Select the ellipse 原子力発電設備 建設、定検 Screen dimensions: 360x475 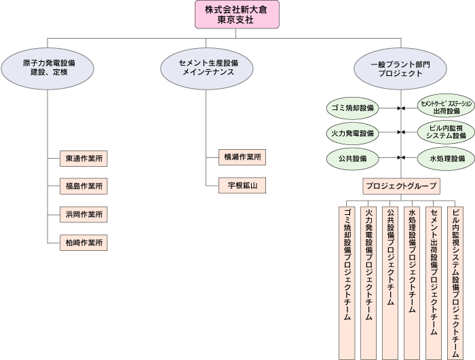[48, 68]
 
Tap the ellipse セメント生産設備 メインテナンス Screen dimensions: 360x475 [208, 68]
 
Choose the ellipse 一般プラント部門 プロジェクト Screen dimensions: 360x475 [400, 68]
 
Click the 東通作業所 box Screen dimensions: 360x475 [83, 158]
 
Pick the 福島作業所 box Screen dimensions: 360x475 [83, 186]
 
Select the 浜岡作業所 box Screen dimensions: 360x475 [83, 214]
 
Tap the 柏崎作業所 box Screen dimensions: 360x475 [83, 241]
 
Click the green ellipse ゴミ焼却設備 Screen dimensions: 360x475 [350, 107]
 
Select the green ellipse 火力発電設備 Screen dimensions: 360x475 [350, 132]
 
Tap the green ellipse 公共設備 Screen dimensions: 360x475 [350, 158]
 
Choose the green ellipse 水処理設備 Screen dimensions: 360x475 [442, 158]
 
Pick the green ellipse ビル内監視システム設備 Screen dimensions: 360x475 [442, 132]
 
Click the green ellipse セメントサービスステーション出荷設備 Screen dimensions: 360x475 [442, 107]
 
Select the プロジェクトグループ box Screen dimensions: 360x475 [400, 185]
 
